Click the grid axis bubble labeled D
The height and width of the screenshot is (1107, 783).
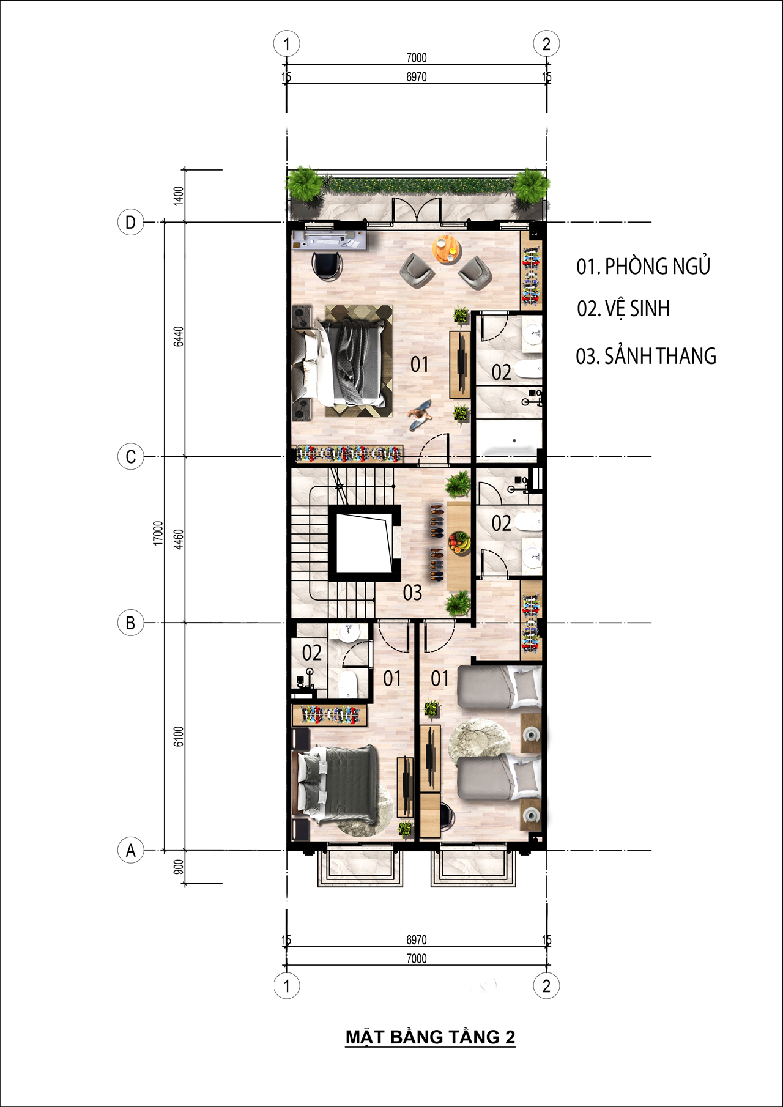click(130, 222)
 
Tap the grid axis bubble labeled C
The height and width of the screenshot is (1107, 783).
click(130, 457)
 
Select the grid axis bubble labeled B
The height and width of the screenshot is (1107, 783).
click(130, 623)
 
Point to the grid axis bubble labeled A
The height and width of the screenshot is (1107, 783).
click(130, 850)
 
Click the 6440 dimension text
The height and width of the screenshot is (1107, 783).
click(179, 336)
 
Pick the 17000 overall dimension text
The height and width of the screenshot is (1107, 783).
click(158, 533)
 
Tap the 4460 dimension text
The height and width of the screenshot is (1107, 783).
click(179, 539)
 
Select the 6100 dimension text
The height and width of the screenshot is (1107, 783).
click(179, 736)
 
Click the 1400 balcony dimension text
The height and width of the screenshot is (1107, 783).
click(179, 196)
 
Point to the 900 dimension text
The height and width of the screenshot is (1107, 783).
click(179, 867)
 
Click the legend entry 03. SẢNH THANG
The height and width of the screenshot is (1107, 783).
click(646, 356)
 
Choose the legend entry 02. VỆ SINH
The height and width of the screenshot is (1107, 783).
click(623, 309)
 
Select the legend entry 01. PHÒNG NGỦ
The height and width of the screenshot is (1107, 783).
click(644, 266)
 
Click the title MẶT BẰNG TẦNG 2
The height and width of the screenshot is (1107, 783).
click(431, 1037)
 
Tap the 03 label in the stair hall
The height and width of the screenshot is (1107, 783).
click(412, 593)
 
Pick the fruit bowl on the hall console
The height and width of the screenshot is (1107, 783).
click(459, 542)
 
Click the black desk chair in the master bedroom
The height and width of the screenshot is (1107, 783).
click(327, 265)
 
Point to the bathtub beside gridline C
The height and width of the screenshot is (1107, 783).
click(509, 439)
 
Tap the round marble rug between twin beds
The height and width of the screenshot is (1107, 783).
click(480, 742)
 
